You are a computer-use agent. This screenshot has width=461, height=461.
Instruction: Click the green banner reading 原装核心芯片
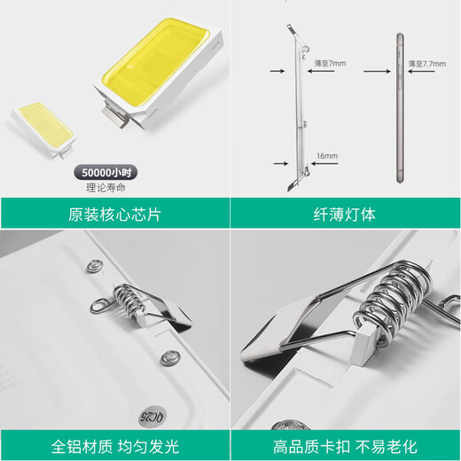(x=114, y=214)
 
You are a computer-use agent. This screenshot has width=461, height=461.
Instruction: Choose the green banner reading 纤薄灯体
(x=346, y=214)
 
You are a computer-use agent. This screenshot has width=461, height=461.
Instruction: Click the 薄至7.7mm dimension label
(x=423, y=64)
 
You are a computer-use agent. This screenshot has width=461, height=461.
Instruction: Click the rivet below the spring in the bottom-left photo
(x=166, y=357)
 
